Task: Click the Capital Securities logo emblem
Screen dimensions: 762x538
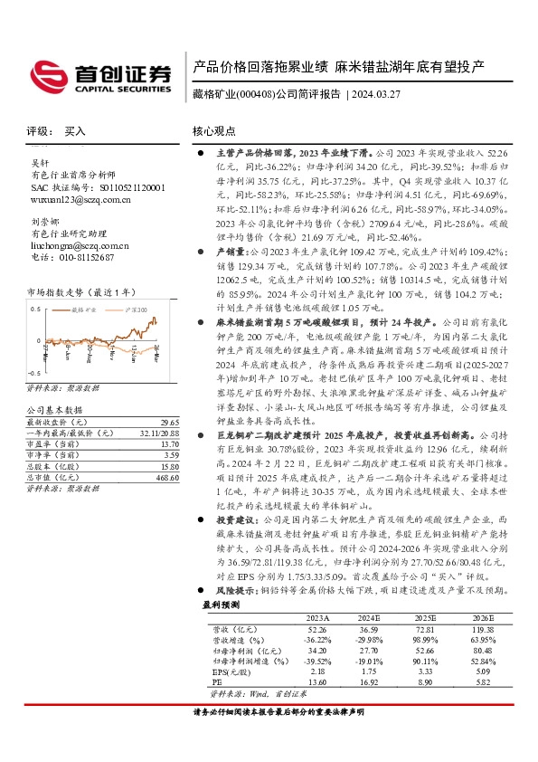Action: tap(44, 73)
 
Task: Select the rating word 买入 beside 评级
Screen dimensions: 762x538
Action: tap(75, 131)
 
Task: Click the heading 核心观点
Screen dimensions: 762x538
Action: tap(214, 131)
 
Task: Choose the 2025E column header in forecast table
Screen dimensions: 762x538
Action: tap(401, 642)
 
